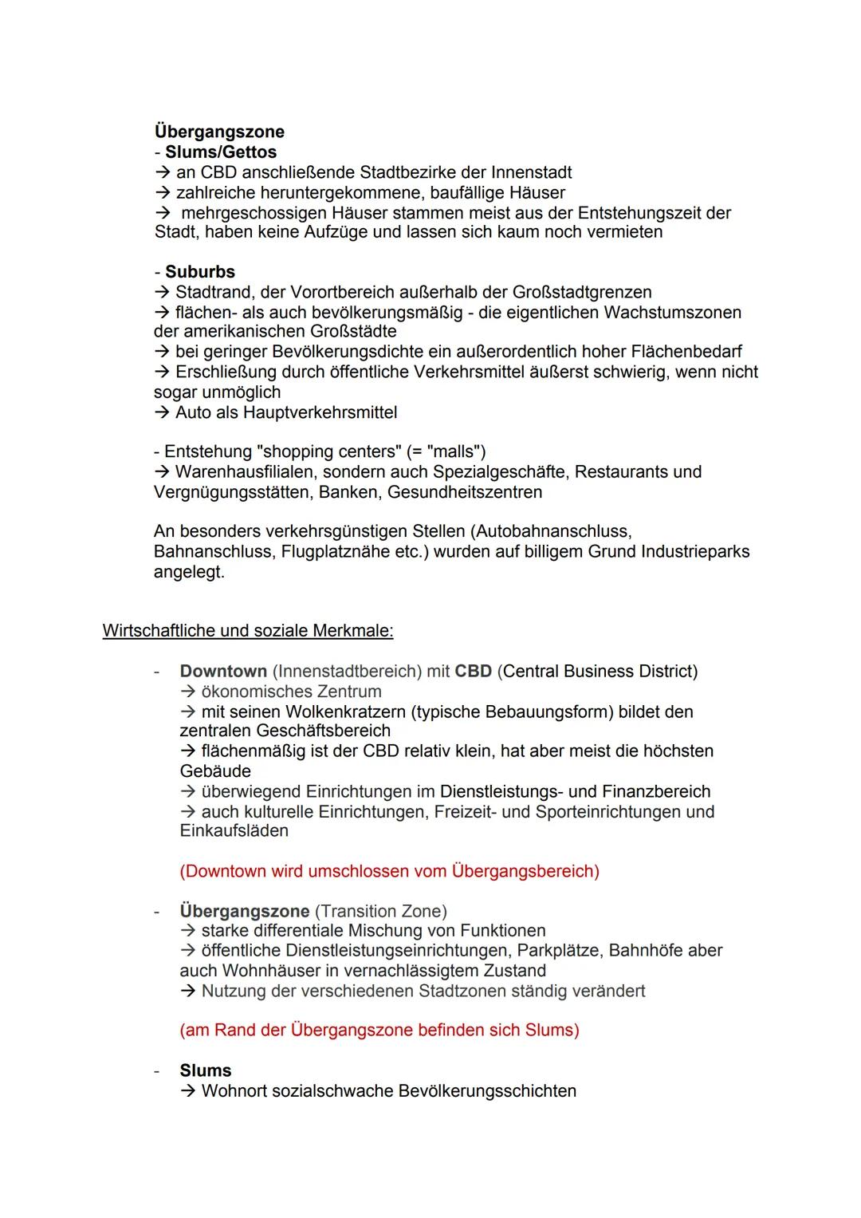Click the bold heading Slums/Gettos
(221, 152)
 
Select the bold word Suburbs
(200, 272)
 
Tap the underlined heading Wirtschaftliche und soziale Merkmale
(248, 631)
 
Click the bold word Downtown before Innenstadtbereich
(223, 672)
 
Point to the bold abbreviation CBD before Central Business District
(473, 672)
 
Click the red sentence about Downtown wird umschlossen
(389, 871)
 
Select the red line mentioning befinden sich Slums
(379, 1031)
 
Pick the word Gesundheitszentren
(465, 492)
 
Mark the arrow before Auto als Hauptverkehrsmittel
(162, 412)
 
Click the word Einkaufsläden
(234, 831)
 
